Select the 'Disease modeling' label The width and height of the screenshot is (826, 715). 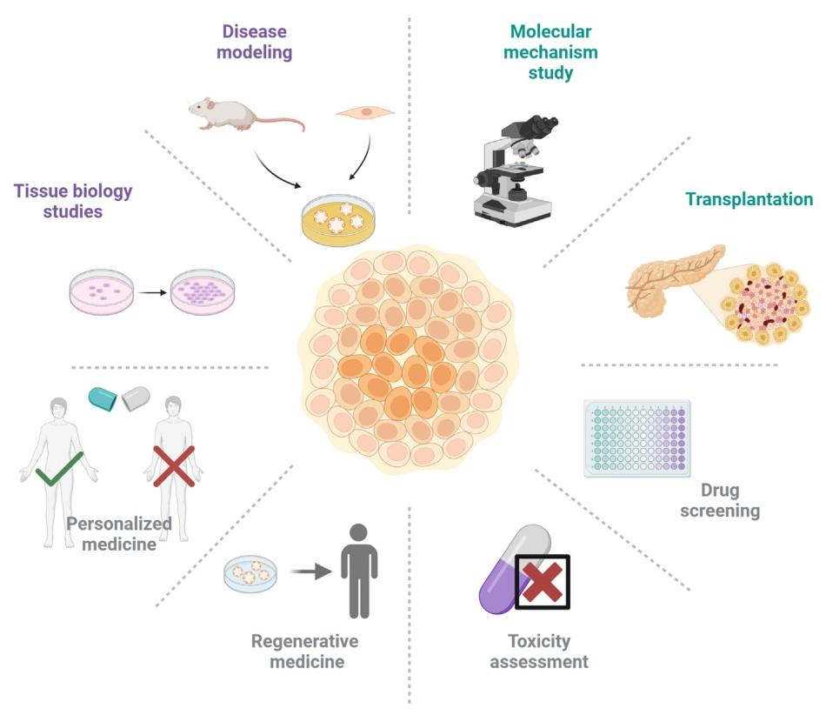[255, 42]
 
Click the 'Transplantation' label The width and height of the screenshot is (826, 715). [749, 199]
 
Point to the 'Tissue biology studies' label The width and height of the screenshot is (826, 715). [74, 201]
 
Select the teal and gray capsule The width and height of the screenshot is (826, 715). [119, 398]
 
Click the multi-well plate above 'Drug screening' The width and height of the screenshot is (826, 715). [637, 438]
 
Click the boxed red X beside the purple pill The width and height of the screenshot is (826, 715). [543, 582]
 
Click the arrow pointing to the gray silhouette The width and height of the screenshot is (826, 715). [311, 571]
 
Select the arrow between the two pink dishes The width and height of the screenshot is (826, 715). [151, 291]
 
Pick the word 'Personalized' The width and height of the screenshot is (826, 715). [119, 524]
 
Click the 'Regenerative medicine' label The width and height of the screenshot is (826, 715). [304, 652]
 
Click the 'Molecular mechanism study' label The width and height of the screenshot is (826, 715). [551, 51]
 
